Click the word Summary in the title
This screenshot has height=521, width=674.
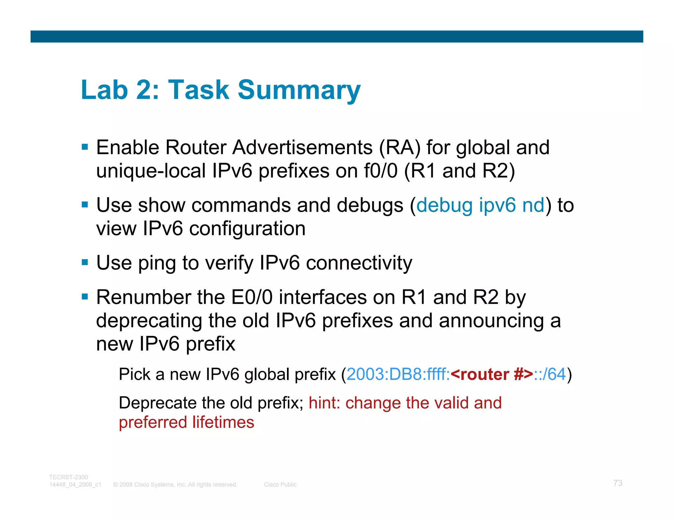tap(299, 90)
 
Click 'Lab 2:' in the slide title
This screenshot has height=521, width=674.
tap(120, 90)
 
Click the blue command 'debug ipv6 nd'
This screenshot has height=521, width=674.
tap(480, 205)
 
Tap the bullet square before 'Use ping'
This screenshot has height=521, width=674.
tap(85, 262)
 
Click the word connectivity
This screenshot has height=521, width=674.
tap(359, 263)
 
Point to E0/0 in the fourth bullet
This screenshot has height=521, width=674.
tap(252, 297)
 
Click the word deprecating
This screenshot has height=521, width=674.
tap(149, 321)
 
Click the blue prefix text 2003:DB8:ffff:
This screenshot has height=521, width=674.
tap(398, 374)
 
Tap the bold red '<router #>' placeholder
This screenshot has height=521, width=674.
tap(492, 374)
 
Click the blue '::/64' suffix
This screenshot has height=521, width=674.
tap(550, 374)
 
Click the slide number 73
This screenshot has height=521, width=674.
tap(618, 483)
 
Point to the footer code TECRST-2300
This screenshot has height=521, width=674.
tap(68, 477)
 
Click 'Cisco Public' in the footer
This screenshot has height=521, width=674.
tap(280, 484)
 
